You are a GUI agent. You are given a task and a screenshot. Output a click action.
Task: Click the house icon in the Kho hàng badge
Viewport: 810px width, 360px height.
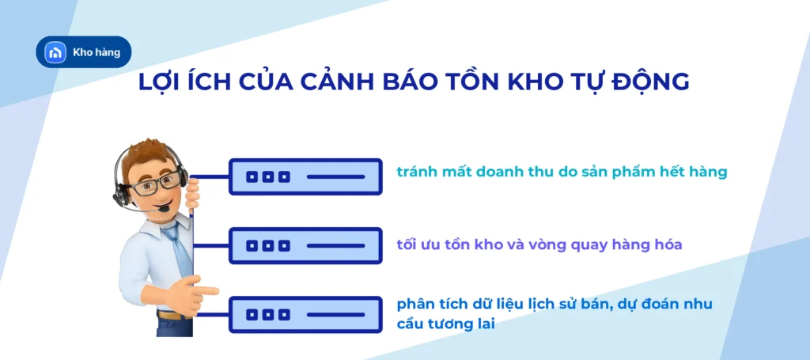54,52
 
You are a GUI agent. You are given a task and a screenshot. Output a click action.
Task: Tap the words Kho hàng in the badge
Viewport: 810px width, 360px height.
96,52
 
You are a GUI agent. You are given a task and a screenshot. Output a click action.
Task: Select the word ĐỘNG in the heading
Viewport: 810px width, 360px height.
649,82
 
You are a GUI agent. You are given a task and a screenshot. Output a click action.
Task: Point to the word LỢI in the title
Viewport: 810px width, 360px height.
163,82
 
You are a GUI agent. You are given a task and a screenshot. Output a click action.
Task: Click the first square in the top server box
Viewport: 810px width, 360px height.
252,176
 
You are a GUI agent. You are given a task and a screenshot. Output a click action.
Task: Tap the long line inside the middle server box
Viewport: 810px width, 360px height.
335,245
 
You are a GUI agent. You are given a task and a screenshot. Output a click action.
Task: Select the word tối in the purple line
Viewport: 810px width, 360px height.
408,244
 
